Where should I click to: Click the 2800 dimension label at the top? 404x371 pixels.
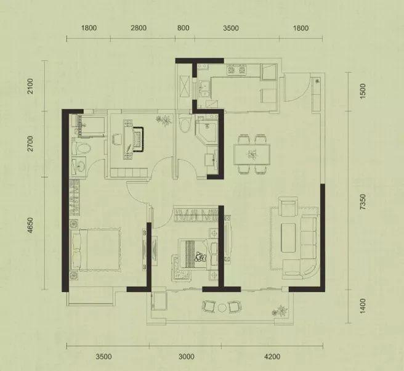click(139, 28)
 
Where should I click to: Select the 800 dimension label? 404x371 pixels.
click(183, 28)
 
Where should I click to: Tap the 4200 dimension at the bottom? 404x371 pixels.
click(272, 357)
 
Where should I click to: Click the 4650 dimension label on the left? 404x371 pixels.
click(30, 226)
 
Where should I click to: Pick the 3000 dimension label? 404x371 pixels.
click(186, 357)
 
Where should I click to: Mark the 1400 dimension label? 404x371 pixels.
click(363, 306)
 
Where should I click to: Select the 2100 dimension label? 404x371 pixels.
click(30, 86)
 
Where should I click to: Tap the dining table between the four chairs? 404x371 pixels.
click(252, 154)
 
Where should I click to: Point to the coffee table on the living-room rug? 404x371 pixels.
click(288, 237)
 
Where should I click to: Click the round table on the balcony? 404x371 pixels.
click(222, 308)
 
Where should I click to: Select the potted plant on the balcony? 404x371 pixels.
click(279, 311)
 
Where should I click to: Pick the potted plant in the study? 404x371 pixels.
click(164, 120)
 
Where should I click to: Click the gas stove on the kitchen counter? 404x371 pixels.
click(236, 70)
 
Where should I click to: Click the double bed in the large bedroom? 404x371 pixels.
click(96, 250)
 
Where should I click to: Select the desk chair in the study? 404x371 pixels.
click(117, 139)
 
